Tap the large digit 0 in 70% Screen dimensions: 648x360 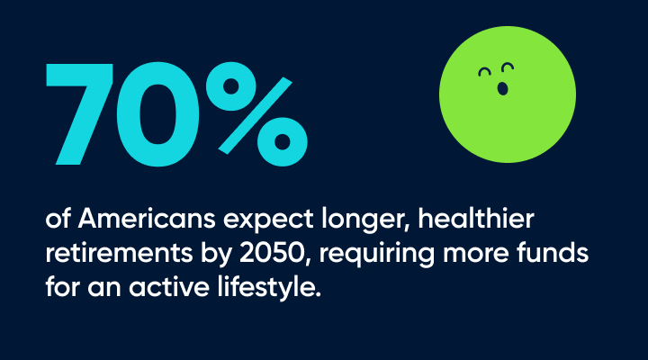[157, 114]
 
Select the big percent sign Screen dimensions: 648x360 [256, 114]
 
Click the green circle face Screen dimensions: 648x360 [508, 94]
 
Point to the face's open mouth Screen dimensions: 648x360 [502, 88]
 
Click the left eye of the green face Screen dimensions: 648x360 [485, 73]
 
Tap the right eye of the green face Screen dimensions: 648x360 [508, 67]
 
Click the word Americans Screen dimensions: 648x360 [147, 218]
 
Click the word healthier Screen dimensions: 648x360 [476, 218]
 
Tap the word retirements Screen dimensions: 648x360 [119, 253]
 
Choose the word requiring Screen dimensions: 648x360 [376, 255]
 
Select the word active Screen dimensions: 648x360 [169, 287]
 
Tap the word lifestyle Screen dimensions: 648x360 [269, 288]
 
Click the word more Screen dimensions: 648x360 [476, 255]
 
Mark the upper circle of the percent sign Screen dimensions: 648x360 [231, 86]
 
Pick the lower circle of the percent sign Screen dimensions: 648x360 [283, 142]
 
